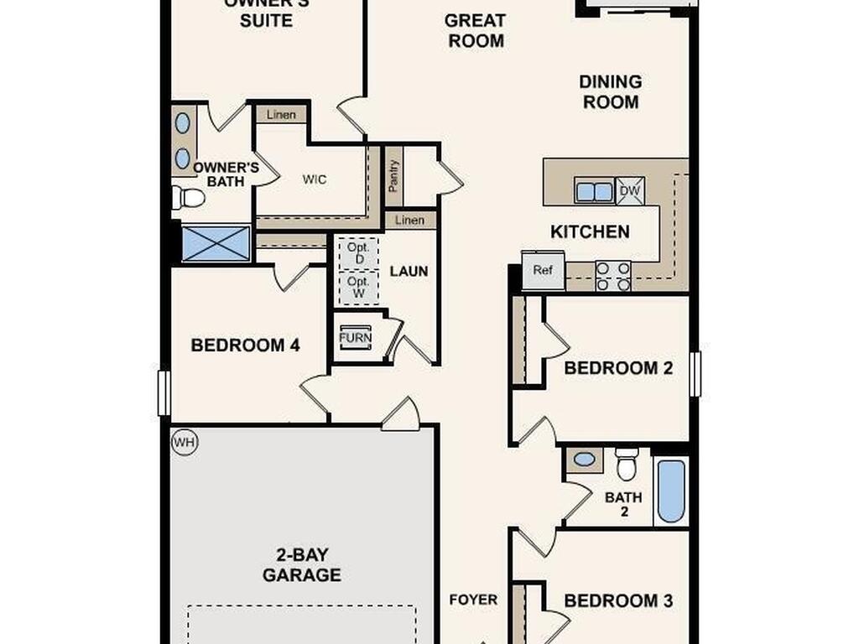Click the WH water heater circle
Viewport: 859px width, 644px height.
click(185, 442)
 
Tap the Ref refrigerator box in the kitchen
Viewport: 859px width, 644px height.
click(543, 270)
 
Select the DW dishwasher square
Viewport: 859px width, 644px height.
click(630, 191)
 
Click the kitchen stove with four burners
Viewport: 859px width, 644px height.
click(613, 276)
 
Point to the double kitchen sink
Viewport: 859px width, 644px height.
click(594, 191)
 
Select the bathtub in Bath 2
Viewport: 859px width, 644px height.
click(671, 491)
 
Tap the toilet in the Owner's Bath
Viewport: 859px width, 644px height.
click(188, 198)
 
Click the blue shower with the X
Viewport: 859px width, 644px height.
click(216, 243)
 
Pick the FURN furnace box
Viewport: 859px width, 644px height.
click(355, 337)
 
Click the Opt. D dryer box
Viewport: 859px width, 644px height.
click(358, 253)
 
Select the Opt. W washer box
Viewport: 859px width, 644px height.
click(358, 288)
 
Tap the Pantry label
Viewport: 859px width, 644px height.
click(393, 176)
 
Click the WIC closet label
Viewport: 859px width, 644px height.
click(315, 179)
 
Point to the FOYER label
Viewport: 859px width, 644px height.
click(473, 600)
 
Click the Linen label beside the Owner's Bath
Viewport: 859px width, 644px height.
click(281, 114)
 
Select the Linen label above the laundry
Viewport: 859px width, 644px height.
click(409, 221)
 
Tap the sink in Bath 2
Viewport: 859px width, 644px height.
click(585, 460)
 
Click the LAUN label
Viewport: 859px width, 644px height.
click(409, 271)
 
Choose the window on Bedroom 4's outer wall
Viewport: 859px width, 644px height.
click(164, 392)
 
